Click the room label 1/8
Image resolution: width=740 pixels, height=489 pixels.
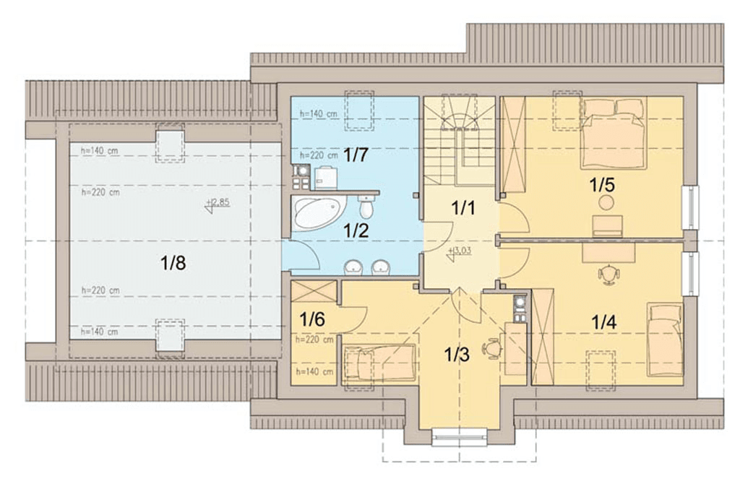click(173, 263)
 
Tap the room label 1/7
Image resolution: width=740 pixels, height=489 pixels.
click(356, 155)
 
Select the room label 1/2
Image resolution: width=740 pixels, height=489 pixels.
click(356, 230)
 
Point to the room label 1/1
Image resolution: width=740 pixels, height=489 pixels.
click(463, 207)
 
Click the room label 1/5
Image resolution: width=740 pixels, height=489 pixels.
click(603, 186)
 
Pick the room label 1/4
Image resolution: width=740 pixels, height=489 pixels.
click(603, 323)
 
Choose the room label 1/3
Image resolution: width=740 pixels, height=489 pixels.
click(457, 355)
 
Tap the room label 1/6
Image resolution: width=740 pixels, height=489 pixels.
click(312, 319)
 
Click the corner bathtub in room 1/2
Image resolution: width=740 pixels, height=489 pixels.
click(319, 214)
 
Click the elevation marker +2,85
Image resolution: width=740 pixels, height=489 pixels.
click(218, 204)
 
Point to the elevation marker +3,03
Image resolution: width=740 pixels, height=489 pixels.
click(459, 253)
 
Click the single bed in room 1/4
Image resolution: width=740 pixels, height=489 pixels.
click(665, 339)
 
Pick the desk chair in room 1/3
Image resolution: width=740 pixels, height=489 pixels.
click(491, 349)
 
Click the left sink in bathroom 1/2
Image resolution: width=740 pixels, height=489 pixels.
click(353, 267)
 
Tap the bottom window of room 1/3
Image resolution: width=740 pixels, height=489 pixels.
click(459, 437)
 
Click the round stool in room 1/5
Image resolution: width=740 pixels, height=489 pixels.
click(606, 203)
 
